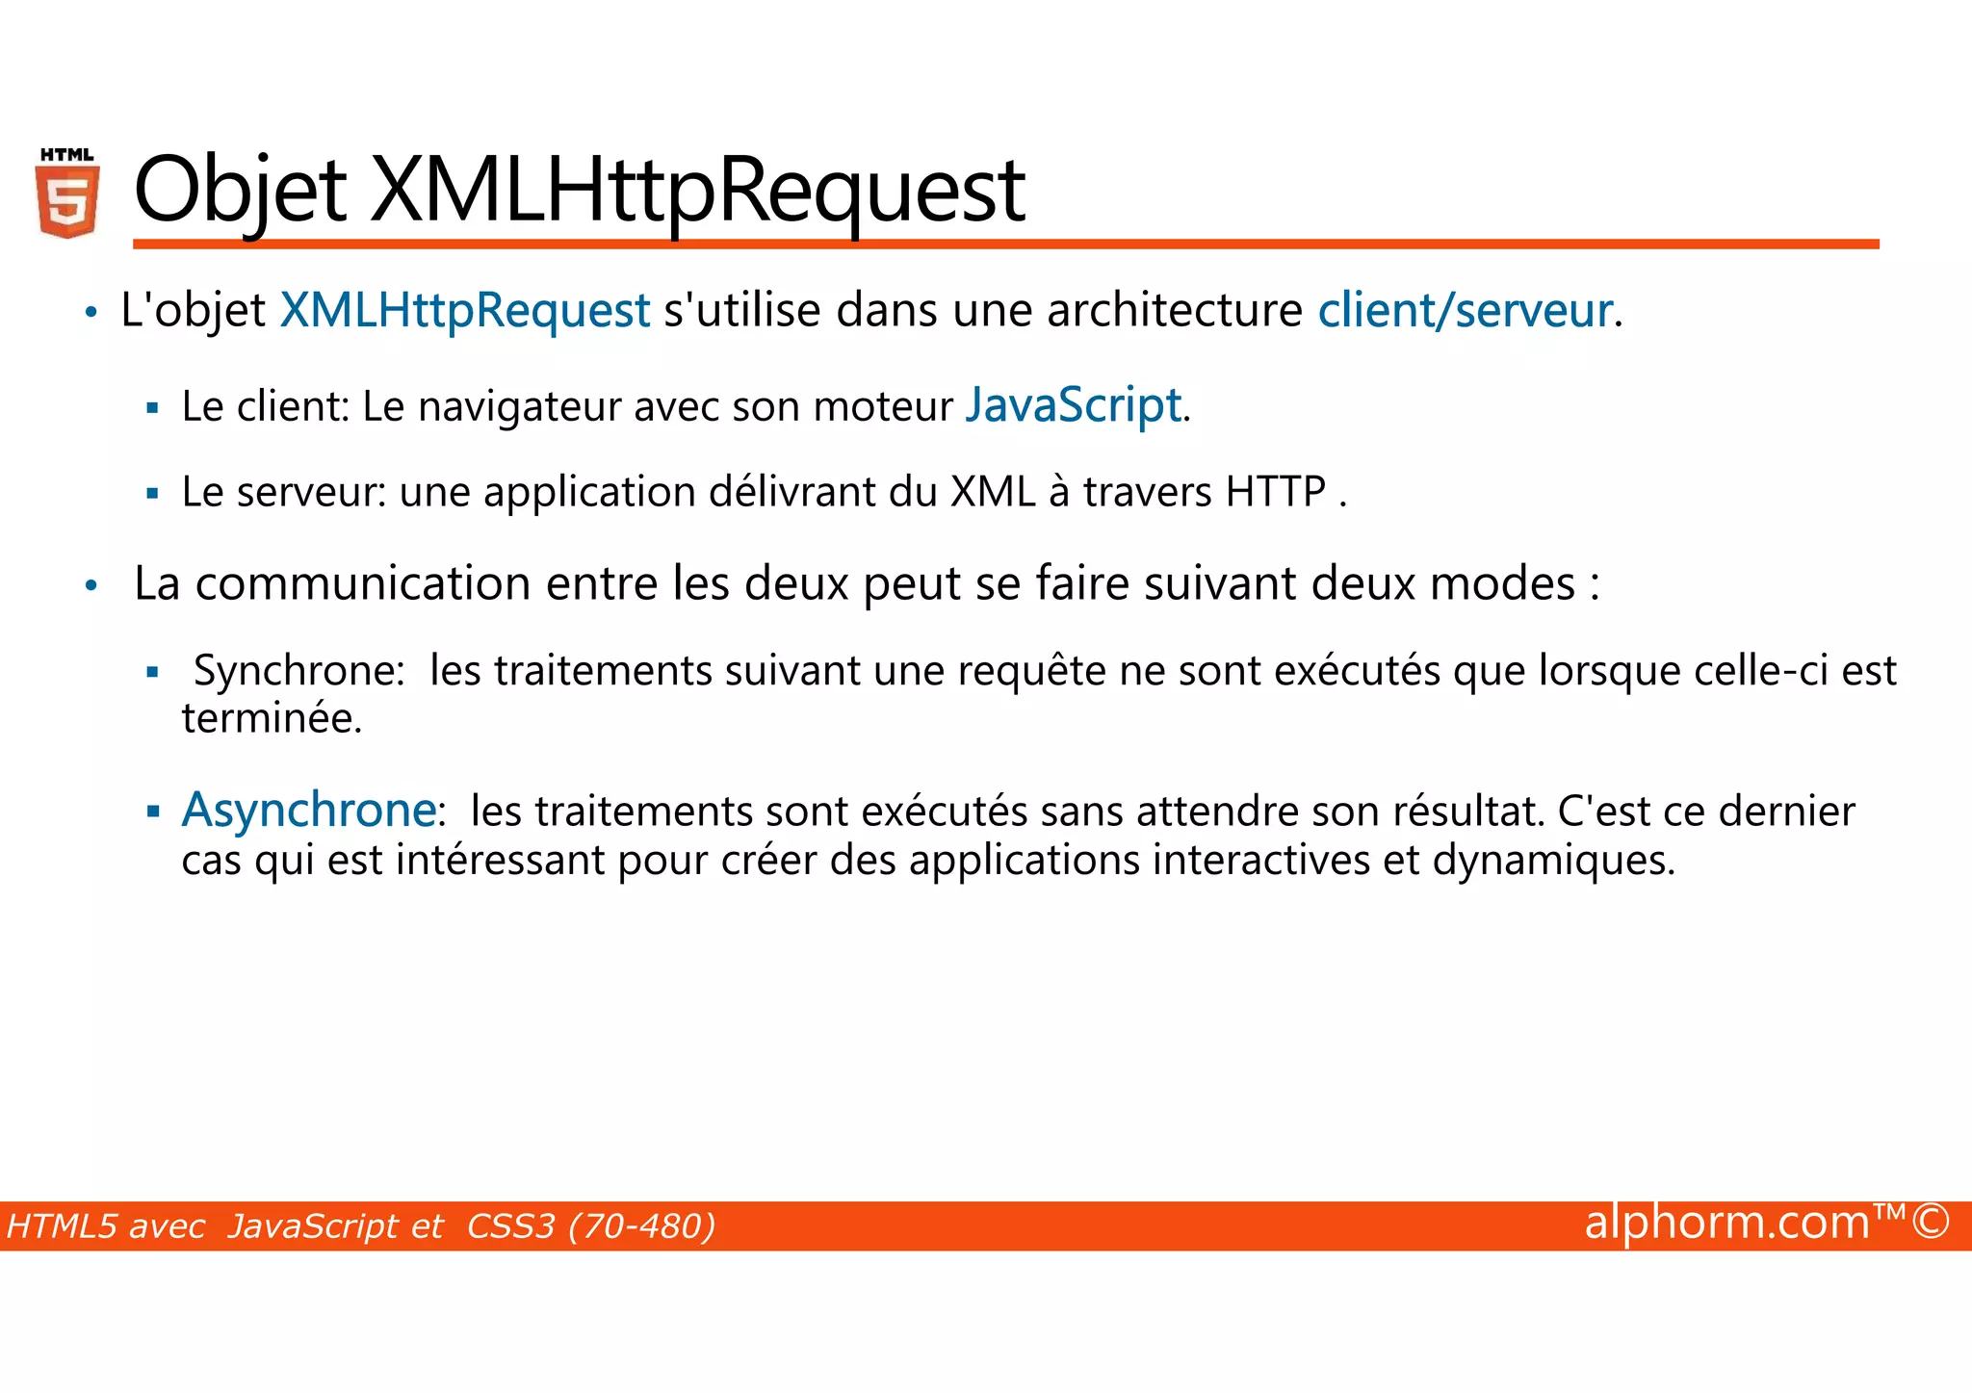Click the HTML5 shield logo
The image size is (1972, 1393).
[x=67, y=193]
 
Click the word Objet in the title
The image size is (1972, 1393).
[x=240, y=191]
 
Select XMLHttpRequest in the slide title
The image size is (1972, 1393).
[x=697, y=191]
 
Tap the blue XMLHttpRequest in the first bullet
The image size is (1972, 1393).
[x=464, y=311]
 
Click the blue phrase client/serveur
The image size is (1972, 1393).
[x=1465, y=311]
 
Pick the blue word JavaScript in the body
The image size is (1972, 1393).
[x=1073, y=405]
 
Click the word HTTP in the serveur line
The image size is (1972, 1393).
[x=1275, y=492]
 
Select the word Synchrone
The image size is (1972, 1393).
[x=299, y=671]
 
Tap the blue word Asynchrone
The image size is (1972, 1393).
[x=308, y=810]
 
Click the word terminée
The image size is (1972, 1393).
[x=272, y=719]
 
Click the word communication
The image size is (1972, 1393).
[x=363, y=583]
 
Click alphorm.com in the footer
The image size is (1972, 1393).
[x=1726, y=1223]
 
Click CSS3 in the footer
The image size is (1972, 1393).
[x=510, y=1226]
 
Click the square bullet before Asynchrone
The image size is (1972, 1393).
[x=152, y=812]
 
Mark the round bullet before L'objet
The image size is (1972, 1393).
[x=91, y=313]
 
